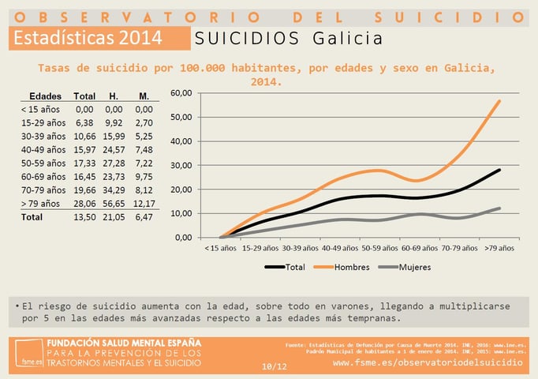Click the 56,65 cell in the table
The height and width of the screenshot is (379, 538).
114,203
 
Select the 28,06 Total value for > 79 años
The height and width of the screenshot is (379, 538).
84,203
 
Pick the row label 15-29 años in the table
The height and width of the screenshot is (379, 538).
43,122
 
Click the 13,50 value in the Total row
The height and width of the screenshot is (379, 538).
84,216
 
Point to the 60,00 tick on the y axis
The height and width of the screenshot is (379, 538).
181,93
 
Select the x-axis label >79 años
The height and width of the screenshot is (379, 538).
499,248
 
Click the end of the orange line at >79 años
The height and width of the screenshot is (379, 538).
499,101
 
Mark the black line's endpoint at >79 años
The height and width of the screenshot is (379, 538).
499,170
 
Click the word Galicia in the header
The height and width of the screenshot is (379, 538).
347,39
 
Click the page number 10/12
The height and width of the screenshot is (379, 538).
273,366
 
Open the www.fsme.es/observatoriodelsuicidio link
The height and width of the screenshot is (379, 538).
428,362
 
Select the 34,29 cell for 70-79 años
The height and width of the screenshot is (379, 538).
114,189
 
